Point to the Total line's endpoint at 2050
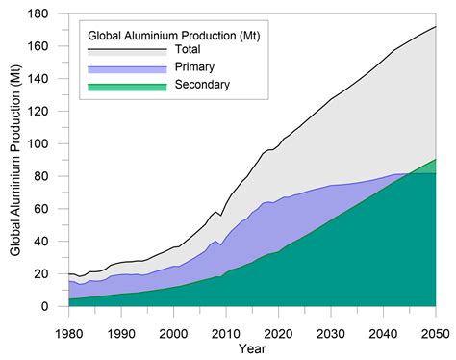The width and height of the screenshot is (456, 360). [434, 27]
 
